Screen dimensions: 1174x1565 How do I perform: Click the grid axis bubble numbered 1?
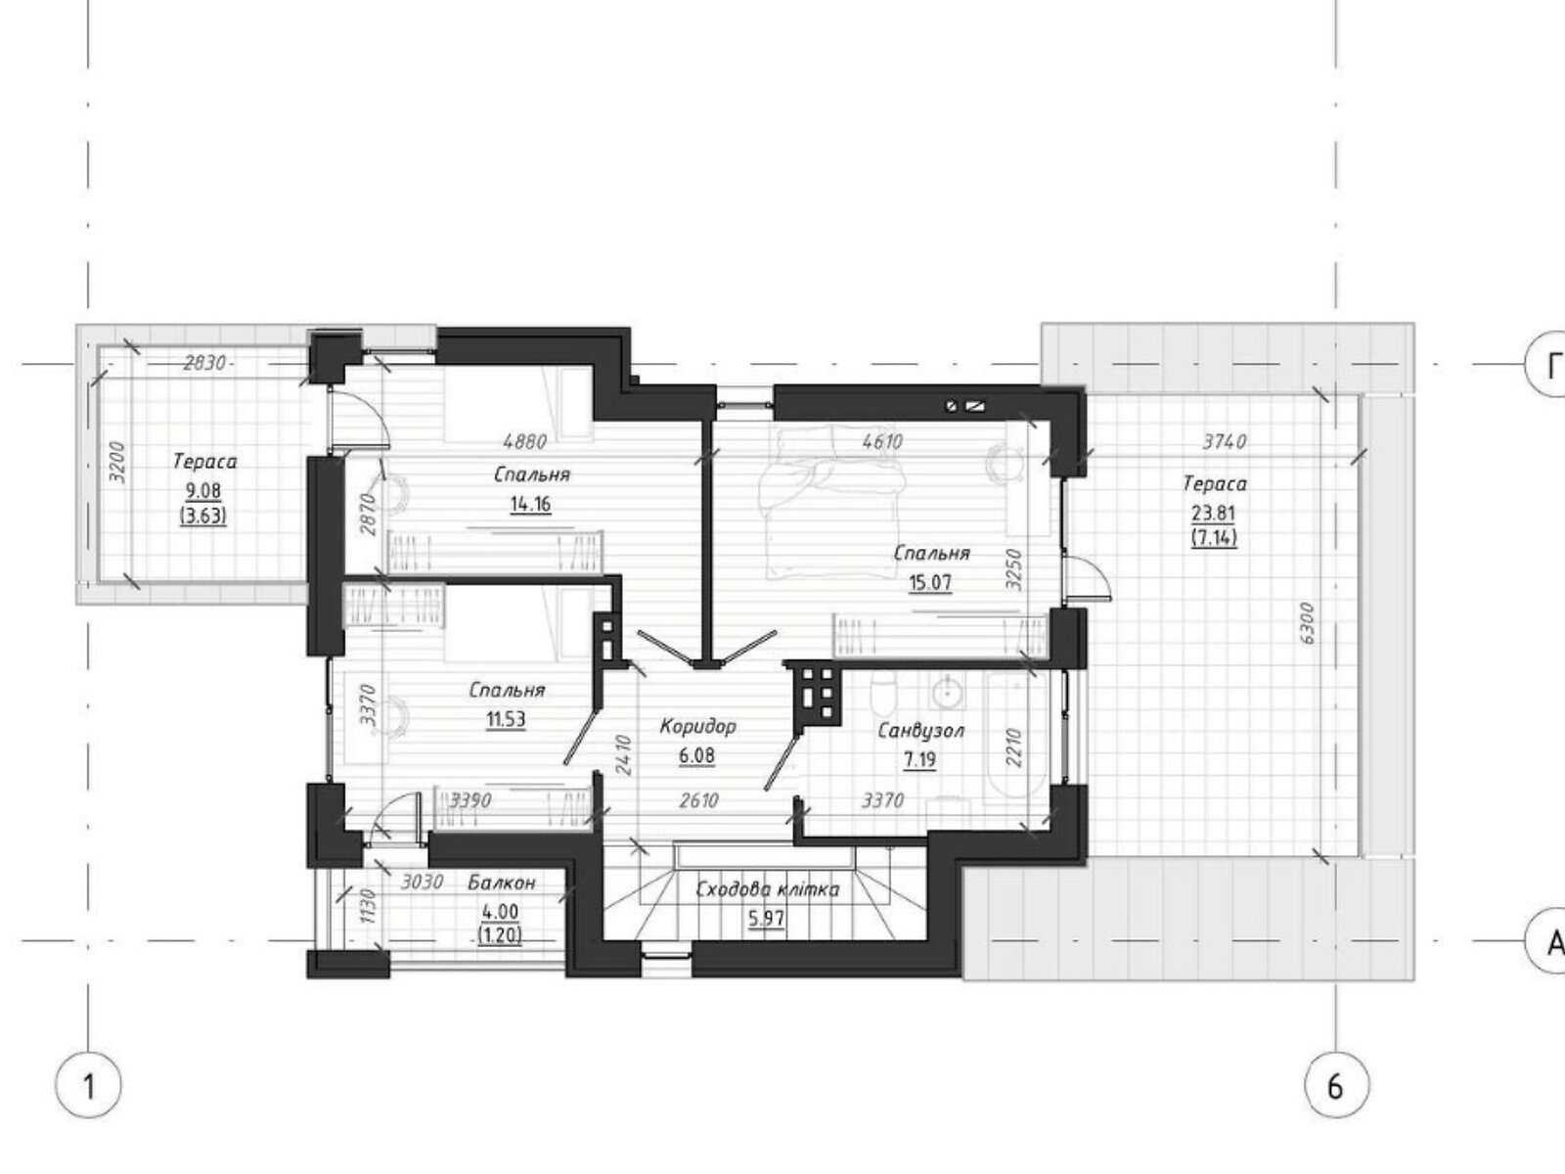89,1087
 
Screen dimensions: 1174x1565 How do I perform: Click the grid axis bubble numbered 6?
1337,1087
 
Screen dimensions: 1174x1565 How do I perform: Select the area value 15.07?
930,583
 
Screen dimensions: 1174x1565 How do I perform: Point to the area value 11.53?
506,720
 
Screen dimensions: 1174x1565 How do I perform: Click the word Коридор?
697,727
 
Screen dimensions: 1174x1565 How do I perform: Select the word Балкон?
502,882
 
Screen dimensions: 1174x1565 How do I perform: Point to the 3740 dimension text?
1225,442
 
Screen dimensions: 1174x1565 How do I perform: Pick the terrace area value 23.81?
1214,513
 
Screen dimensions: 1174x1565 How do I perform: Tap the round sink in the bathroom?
948,693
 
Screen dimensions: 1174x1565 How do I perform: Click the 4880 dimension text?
524,441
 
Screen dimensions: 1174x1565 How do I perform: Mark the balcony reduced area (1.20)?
500,936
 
